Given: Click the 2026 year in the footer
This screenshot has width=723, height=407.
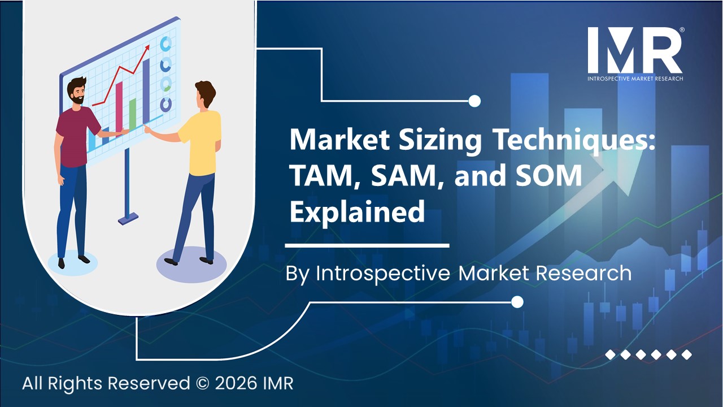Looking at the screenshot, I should [x=230, y=383].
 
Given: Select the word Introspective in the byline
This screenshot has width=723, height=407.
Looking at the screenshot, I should [x=382, y=273].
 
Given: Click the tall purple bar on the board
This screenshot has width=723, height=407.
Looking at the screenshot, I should [x=146, y=90].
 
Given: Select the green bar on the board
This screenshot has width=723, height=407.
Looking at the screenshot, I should [x=133, y=113].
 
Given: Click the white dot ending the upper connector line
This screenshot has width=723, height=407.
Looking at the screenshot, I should [x=474, y=101].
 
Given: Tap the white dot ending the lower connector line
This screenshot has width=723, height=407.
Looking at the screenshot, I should [x=517, y=302].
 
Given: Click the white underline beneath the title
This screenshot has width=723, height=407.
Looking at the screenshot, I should [x=367, y=246].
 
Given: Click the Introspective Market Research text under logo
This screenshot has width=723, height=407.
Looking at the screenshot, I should [x=634, y=78].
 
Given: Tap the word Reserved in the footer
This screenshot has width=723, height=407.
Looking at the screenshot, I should [x=149, y=383].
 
